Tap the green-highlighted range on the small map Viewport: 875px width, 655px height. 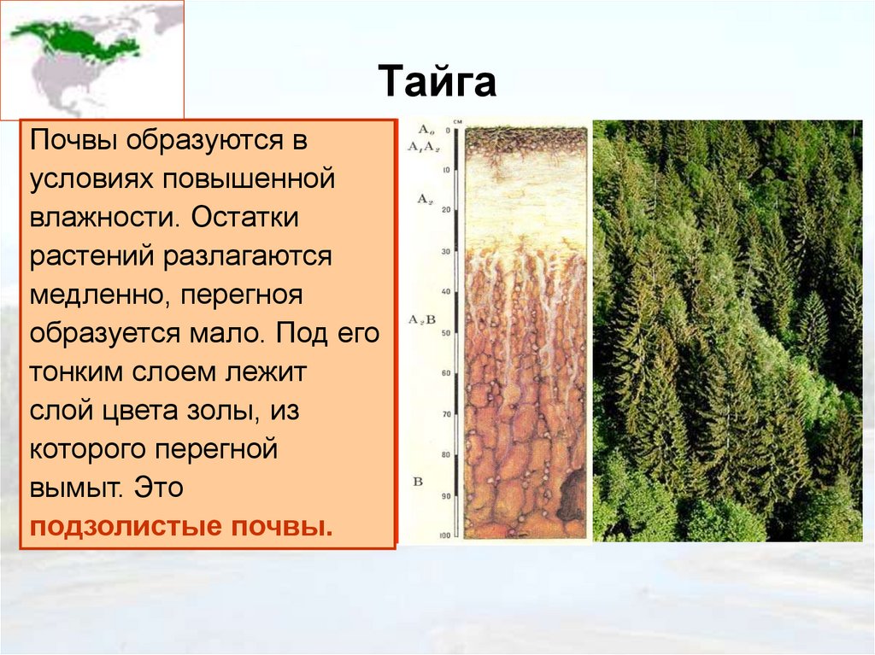click(73, 39)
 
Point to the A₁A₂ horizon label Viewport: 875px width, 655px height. click(425, 147)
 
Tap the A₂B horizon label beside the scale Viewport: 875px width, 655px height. click(425, 320)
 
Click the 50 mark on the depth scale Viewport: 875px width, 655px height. click(445, 333)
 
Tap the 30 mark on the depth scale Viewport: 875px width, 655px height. click(445, 252)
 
